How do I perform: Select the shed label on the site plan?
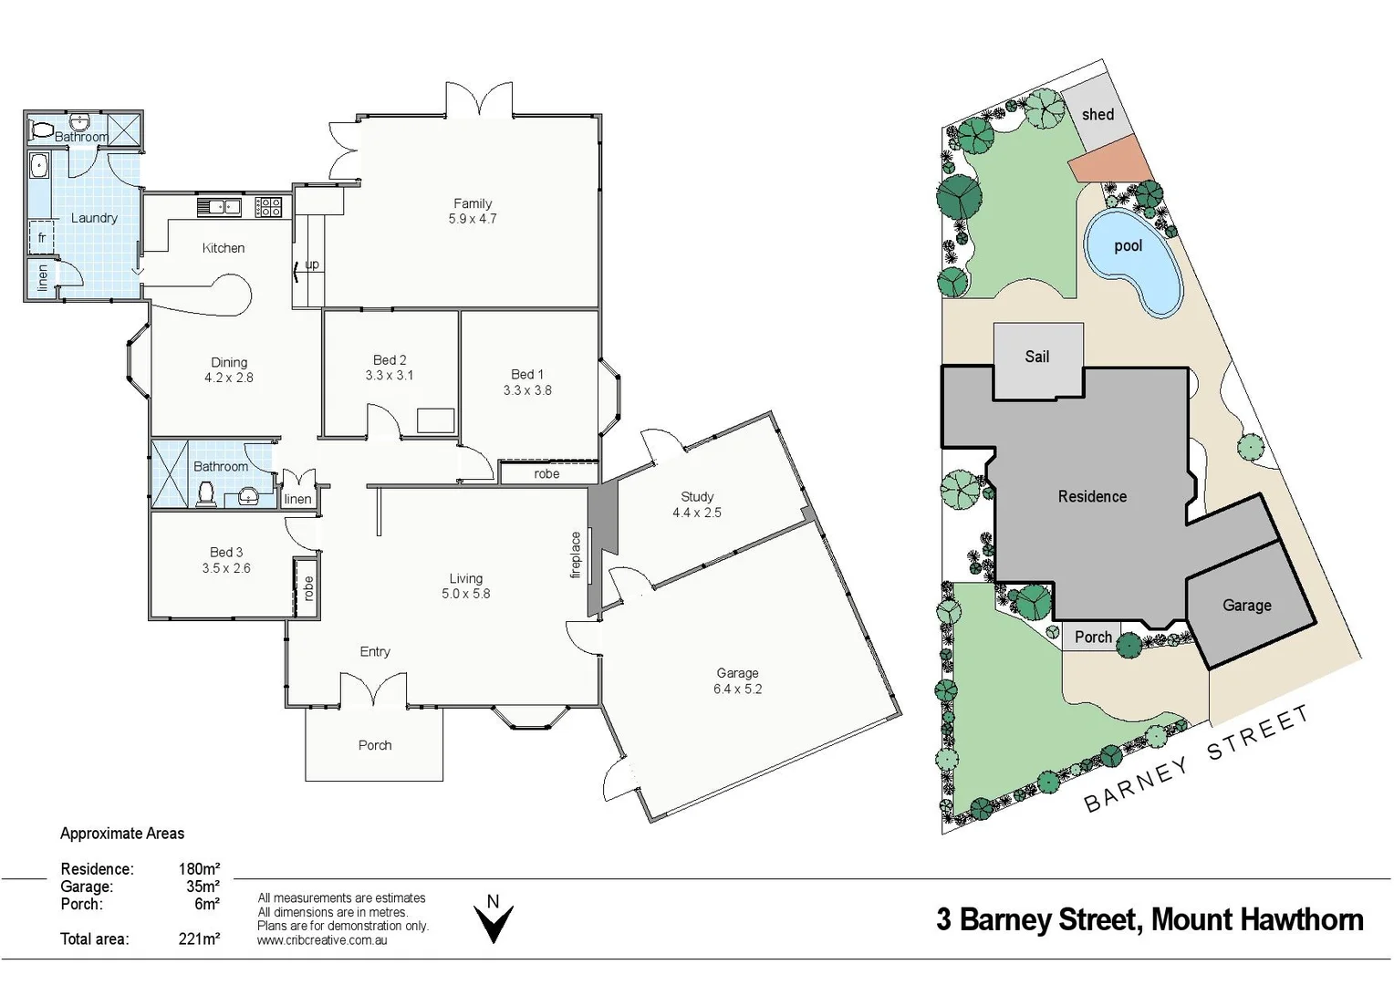pos(1098,115)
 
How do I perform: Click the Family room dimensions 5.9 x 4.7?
pos(473,219)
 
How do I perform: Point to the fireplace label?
pos(576,555)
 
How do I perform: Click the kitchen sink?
pos(219,207)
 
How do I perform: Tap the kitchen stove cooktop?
pos(268,207)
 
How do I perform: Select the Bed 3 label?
pos(226,552)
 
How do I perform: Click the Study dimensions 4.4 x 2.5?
pos(697,513)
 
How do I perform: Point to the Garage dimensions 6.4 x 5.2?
pos(737,689)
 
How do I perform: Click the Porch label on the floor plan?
pos(375,745)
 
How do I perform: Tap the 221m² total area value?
pos(199,938)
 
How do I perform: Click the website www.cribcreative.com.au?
pos(322,940)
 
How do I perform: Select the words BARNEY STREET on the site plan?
pos(1196,759)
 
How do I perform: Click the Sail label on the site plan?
pos(1037,357)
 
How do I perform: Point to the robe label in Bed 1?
pos(546,473)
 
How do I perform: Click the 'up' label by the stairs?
pos(312,264)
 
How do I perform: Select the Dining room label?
pos(229,362)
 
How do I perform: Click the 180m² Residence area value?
pos(199,869)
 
